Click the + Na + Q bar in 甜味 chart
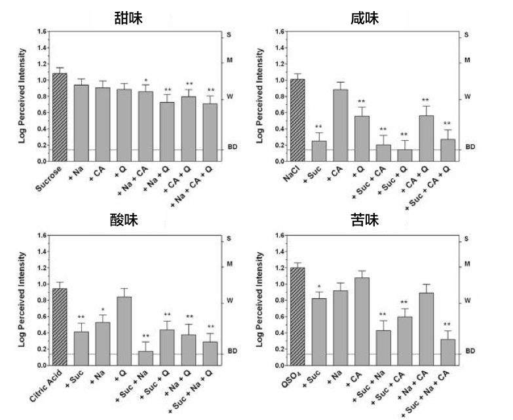(x=168, y=131)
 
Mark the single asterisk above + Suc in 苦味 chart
(x=319, y=287)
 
